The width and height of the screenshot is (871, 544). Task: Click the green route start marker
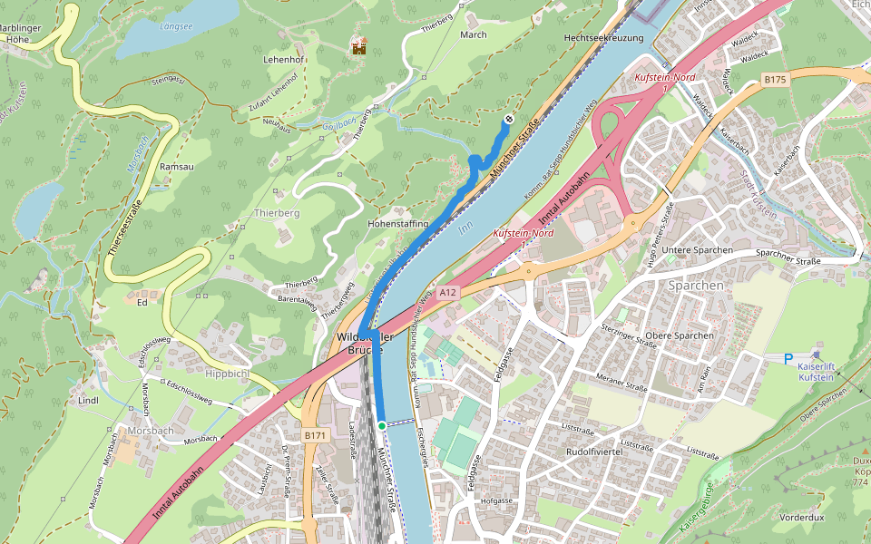pos(382,425)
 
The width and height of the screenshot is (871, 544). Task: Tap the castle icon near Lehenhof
pos(360,45)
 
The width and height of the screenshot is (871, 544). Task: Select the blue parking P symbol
pos(788,359)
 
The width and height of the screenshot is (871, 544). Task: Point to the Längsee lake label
pos(176,26)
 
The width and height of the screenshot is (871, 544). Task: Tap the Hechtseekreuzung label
pos(603,38)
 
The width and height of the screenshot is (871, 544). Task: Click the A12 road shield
pos(447,292)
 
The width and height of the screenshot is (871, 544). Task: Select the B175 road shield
pos(774,80)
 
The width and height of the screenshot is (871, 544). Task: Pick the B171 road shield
pos(315,436)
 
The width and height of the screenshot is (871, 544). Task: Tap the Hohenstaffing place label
pos(397,222)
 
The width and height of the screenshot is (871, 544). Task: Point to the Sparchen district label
pos(696,285)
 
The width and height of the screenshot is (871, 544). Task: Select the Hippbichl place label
pos(229,374)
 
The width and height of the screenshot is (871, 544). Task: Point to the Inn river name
pos(466,230)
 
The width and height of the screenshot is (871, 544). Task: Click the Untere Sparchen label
pos(697,249)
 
